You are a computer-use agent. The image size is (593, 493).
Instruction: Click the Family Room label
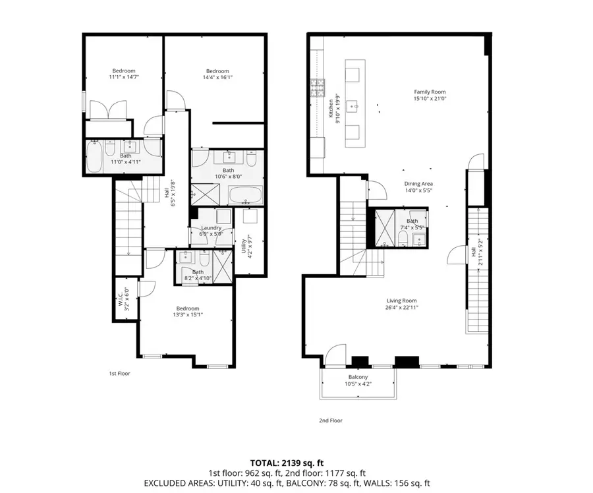[x=430, y=92]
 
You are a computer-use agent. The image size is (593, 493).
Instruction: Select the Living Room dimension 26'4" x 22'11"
[x=401, y=306]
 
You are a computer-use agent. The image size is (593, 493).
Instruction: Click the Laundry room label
[x=211, y=228]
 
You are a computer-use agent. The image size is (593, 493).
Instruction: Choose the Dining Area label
[x=418, y=184]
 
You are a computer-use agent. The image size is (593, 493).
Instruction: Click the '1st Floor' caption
[x=119, y=374]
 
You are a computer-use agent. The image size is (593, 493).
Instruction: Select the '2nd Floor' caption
[x=331, y=420]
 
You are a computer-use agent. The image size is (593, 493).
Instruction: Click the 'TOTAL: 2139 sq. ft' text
[x=287, y=463]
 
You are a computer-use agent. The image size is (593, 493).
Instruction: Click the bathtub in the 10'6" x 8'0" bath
[x=245, y=195]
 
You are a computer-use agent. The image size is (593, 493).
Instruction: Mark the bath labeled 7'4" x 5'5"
[x=412, y=224]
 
